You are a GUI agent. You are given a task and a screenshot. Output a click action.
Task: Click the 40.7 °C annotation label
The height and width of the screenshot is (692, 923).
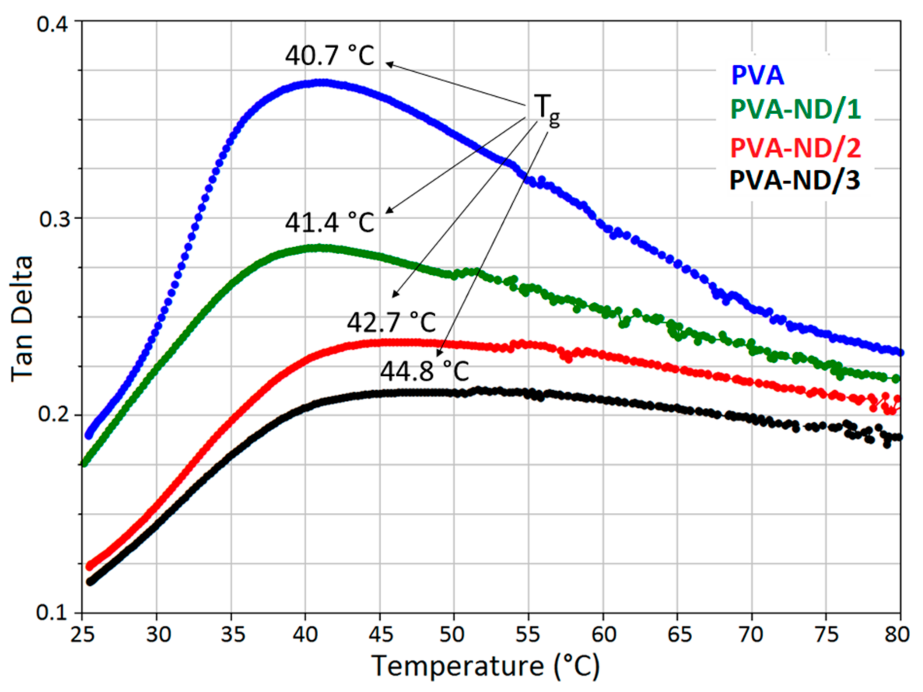[x=330, y=55]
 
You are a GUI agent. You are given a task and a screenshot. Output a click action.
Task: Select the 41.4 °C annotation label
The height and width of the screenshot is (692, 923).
[x=330, y=222]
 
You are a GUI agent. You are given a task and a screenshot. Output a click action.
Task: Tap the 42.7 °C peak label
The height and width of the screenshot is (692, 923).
[x=391, y=322]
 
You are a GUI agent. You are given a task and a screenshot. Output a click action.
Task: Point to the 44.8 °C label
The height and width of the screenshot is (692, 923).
[x=424, y=371]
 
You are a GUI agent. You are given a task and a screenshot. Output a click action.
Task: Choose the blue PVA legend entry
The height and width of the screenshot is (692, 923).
[x=757, y=76]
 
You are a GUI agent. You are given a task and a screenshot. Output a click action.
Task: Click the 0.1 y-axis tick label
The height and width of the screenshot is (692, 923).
[x=52, y=613]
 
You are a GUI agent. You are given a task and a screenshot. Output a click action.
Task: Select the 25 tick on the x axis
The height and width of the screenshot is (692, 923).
[x=82, y=635]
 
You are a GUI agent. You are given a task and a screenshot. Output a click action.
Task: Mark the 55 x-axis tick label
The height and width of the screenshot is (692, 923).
[x=528, y=635]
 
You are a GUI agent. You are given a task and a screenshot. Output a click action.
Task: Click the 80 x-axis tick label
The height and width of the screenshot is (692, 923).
[x=897, y=635]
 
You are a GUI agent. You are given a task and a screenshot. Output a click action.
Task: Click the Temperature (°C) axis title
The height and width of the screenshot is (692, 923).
[x=485, y=666]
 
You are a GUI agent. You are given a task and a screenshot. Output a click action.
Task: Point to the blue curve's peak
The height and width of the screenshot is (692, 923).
[x=321, y=82]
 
